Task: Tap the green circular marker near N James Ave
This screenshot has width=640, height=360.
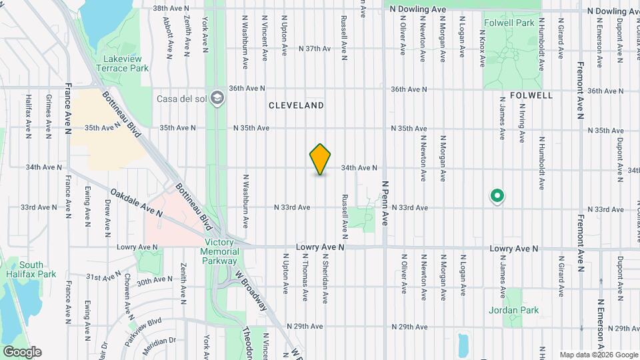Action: coord(497,196)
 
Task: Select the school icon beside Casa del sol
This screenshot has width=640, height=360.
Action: coord(216,99)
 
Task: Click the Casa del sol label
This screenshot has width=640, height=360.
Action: coord(180,99)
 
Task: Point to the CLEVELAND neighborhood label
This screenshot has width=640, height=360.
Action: coord(297,105)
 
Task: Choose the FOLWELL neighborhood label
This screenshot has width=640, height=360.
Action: coord(531,95)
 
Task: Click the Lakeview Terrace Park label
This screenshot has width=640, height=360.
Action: coord(121,63)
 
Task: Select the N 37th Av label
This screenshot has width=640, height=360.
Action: coord(315,49)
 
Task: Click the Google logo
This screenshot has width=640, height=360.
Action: coord(22,351)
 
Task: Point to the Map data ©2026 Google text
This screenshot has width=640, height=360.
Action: coord(598,355)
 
